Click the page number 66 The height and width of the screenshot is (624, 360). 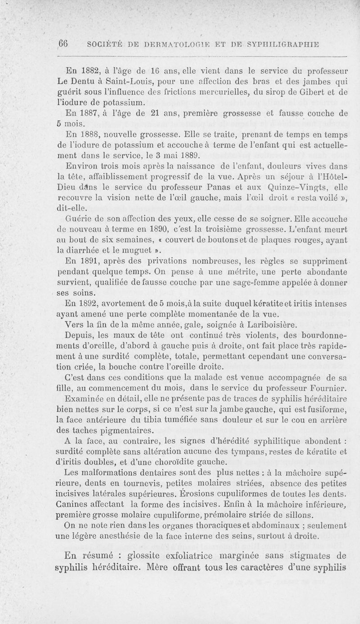[x=63, y=43]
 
